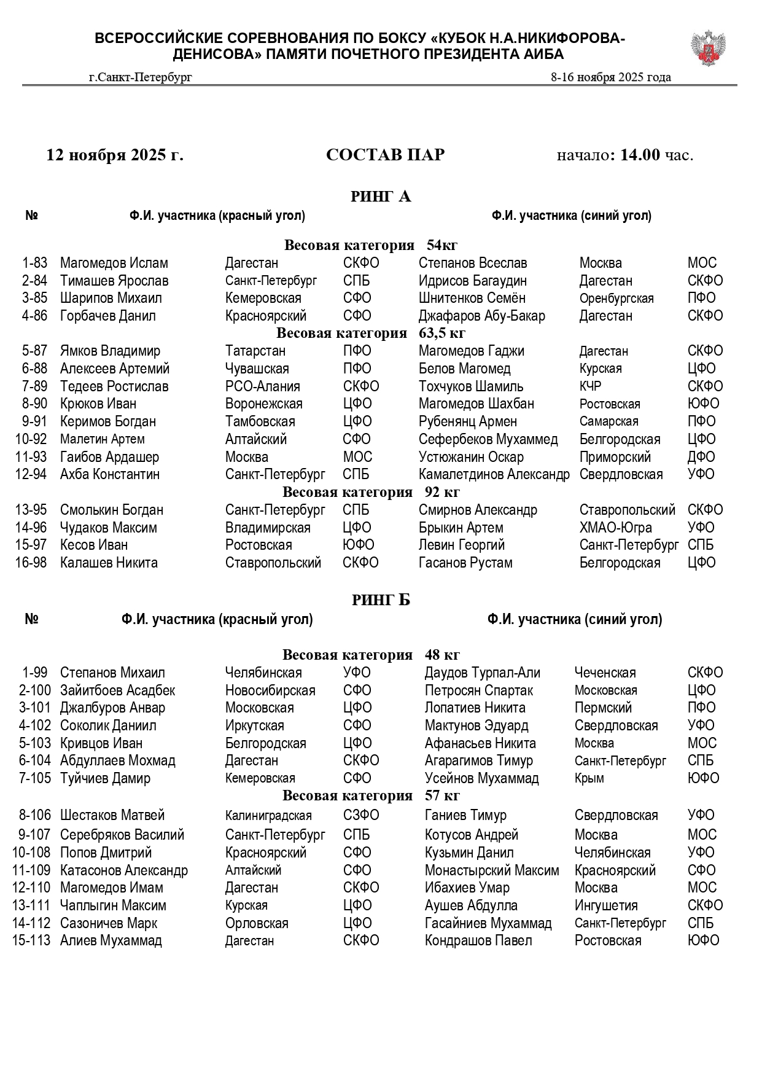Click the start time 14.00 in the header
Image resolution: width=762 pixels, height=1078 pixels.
click(639, 155)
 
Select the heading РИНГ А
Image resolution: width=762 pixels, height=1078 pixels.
click(381, 197)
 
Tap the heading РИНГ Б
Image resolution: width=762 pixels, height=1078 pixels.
click(381, 600)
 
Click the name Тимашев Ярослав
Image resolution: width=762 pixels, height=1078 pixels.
click(114, 281)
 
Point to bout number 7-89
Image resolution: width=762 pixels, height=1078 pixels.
click(34, 386)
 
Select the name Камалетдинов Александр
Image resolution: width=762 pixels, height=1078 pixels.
click(494, 474)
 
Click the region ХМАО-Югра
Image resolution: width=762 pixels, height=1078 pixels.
click(615, 528)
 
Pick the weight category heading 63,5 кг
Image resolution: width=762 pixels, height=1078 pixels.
click(371, 334)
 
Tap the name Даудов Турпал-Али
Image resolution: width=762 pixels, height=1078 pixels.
click(482, 673)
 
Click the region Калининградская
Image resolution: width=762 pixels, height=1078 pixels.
click(268, 816)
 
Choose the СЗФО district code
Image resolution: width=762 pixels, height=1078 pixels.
click(361, 815)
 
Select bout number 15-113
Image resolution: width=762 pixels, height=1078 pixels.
click(31, 940)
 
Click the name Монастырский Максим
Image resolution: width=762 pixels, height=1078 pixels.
click(492, 870)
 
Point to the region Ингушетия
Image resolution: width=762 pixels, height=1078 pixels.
click(606, 905)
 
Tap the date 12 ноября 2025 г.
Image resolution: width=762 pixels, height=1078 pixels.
click(115, 155)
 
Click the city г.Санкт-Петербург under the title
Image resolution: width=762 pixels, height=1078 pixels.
click(140, 77)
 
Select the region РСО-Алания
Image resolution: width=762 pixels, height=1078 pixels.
click(262, 386)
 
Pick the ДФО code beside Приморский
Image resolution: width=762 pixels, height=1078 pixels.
click(701, 457)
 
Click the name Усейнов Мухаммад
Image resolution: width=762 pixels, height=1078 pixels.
click(481, 778)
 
